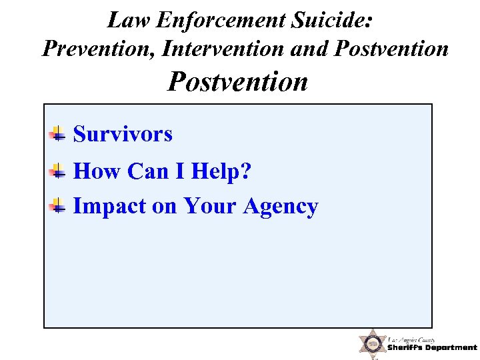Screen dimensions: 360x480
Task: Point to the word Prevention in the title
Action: (x=99, y=48)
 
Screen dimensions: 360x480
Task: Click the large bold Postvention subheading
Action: (x=238, y=82)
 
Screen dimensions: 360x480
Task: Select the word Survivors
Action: (x=123, y=134)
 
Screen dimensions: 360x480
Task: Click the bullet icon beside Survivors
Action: (x=58, y=133)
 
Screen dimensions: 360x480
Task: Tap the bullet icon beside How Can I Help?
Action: (x=58, y=171)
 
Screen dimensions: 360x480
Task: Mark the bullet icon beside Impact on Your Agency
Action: (x=58, y=206)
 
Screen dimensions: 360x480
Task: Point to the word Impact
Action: (x=109, y=207)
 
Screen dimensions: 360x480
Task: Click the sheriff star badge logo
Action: (x=372, y=344)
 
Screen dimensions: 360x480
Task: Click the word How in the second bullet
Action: (x=97, y=172)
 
